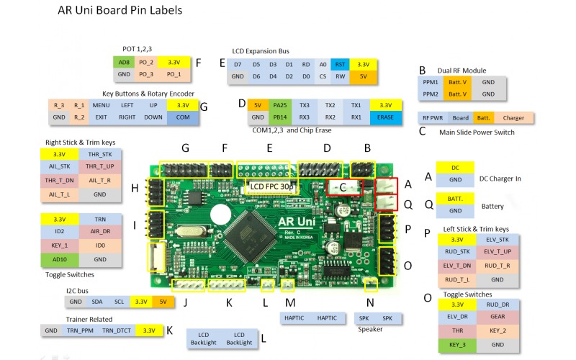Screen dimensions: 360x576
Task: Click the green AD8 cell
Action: [123, 62]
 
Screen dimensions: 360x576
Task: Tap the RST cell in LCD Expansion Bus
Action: [341, 64]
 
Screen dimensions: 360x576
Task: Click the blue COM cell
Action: [183, 117]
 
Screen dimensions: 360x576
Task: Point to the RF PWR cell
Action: [433, 117]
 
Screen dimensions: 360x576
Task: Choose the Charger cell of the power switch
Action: [513, 117]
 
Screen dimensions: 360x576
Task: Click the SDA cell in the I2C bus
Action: [97, 302]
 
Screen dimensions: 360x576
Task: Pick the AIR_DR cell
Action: [102, 233]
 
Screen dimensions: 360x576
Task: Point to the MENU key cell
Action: [101, 105]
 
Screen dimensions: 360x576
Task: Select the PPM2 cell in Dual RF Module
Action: [431, 94]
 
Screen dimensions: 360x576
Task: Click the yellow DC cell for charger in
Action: [455, 167]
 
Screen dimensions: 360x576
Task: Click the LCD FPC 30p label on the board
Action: [271, 186]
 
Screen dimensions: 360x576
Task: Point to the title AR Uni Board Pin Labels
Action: [120, 11]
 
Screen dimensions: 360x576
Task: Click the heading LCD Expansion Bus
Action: [260, 51]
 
